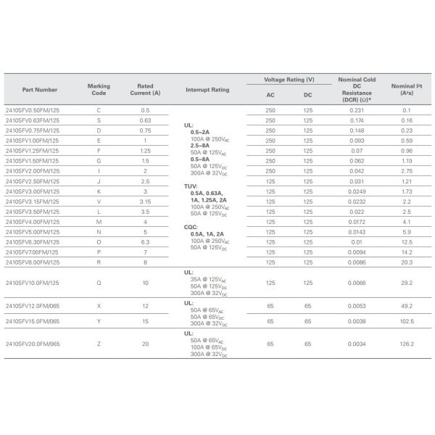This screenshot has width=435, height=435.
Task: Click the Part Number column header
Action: click(x=40, y=90)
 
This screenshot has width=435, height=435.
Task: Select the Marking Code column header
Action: click(x=99, y=90)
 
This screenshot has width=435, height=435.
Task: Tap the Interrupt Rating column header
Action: click(x=207, y=90)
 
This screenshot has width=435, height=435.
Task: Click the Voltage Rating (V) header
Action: click(x=289, y=79)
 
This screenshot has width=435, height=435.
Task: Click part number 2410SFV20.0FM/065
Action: click(x=33, y=344)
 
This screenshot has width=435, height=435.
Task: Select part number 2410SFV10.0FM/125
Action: click(x=33, y=282)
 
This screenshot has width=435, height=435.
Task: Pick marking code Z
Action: click(x=99, y=344)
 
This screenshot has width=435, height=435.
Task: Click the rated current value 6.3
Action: click(x=145, y=241)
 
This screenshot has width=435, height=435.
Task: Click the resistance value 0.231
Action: click(x=355, y=109)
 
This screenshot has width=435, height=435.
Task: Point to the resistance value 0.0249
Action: click(x=355, y=191)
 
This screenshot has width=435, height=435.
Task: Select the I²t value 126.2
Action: click(x=406, y=344)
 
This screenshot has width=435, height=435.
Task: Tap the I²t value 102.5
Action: click(x=406, y=321)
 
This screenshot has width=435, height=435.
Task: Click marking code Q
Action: click(x=99, y=282)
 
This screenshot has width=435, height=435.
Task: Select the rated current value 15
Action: click(x=145, y=321)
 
